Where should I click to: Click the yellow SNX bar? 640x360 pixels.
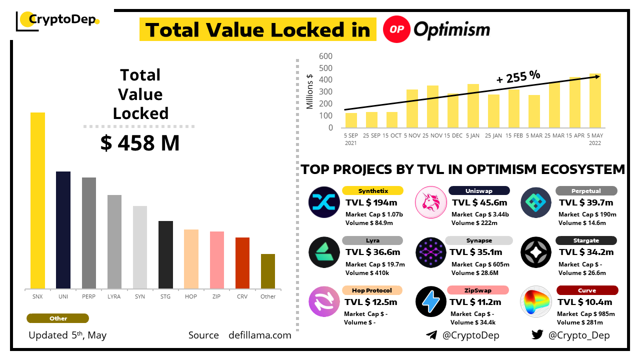tap(37, 200)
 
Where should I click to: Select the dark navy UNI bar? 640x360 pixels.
tap(63, 230)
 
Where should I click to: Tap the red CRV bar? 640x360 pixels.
tap(242, 263)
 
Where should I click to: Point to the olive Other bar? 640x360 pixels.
tap(268, 271)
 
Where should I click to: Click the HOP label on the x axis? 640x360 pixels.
tap(191, 296)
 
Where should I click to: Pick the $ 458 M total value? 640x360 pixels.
tap(139, 143)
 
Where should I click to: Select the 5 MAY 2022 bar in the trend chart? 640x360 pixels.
tap(595, 100)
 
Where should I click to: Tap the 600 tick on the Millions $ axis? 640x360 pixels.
tap(325, 56)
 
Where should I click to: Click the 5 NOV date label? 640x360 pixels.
tap(412, 135)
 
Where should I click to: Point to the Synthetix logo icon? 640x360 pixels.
tap(324, 202)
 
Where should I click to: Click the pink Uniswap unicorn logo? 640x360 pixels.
tap(430, 202)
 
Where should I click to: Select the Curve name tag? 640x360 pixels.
tap(586, 290)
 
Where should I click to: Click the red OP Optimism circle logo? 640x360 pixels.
tap(397, 29)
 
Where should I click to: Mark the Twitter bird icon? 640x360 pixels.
tap(537, 335)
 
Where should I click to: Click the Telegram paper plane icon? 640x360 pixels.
tap(431, 335)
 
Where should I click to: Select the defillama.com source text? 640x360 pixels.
tap(259, 335)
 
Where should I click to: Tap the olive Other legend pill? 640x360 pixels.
tap(58, 318)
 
